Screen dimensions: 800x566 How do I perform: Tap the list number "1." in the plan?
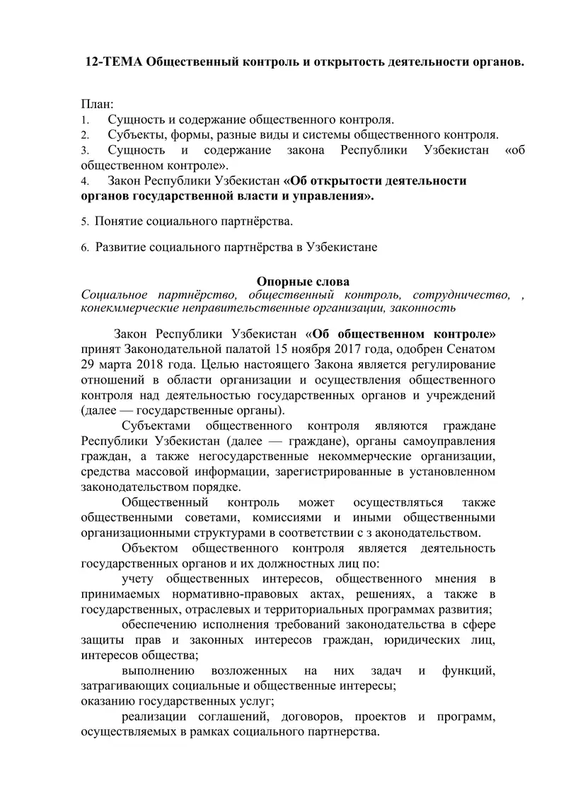tap(84, 120)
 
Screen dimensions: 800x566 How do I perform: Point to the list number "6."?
tap(84, 248)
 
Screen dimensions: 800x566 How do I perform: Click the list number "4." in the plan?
tap(84, 181)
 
